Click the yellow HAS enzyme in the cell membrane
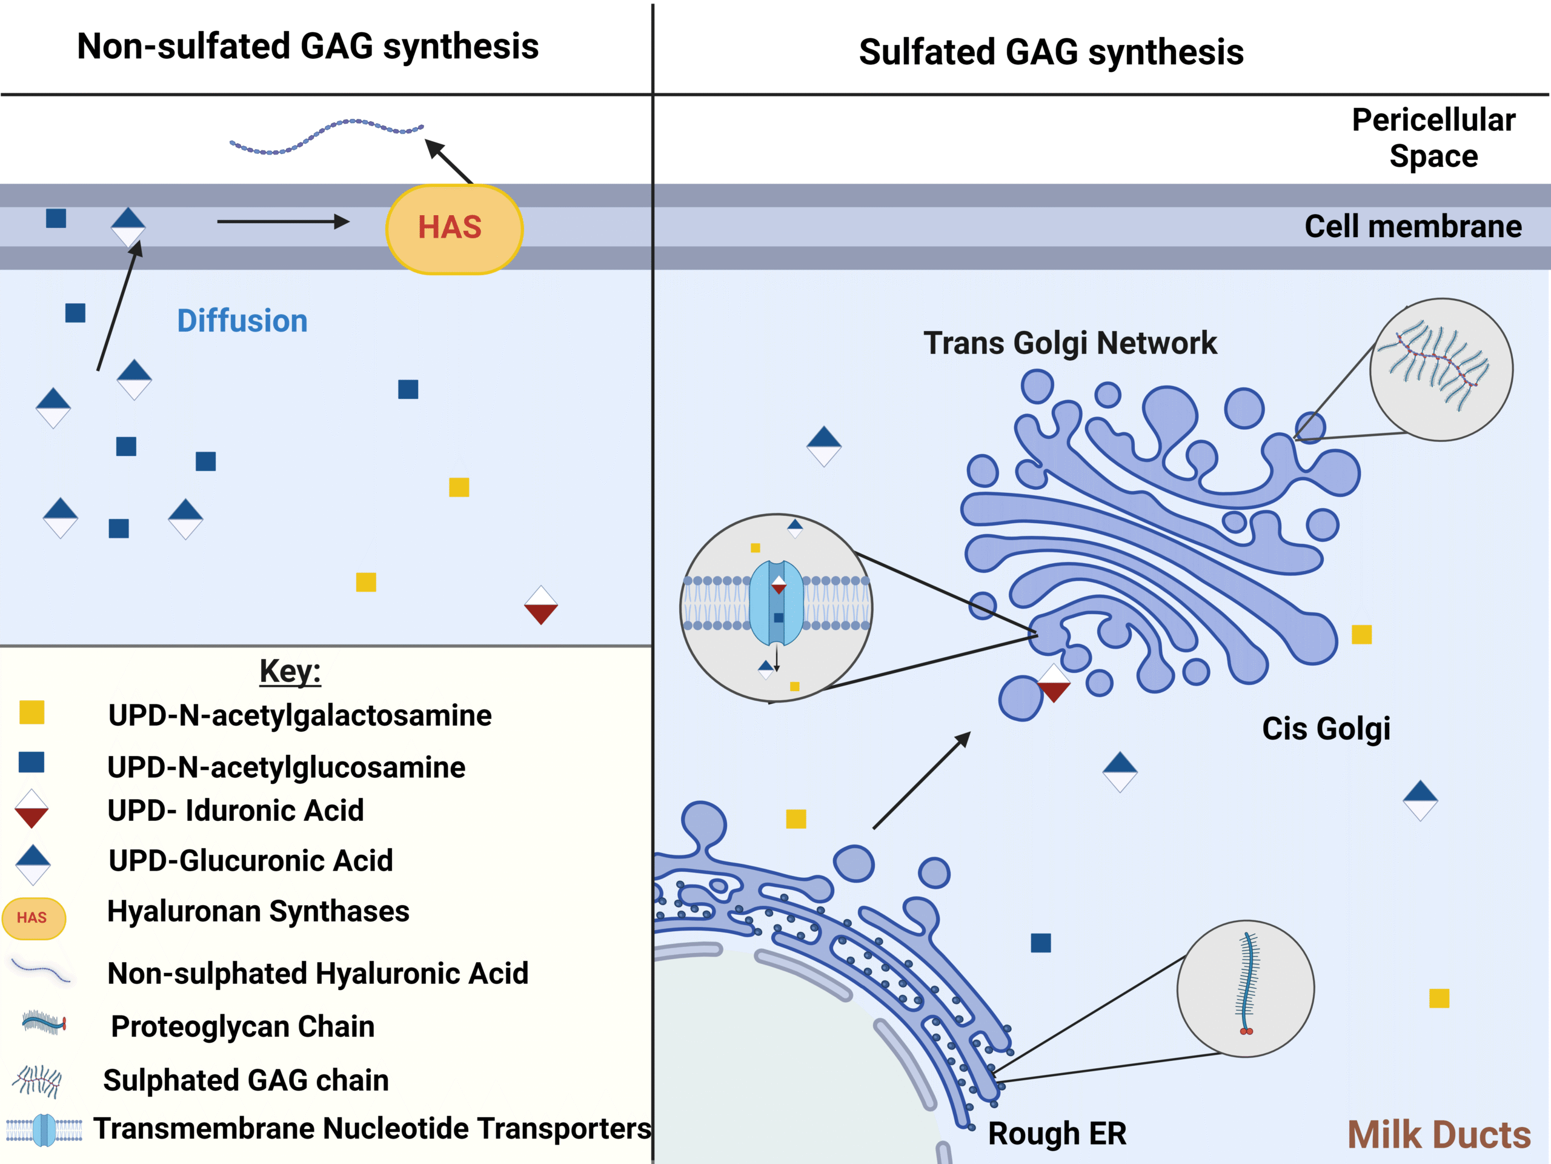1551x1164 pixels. [454, 229]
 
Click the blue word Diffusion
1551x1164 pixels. [242, 321]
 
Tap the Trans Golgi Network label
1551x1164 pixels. [1069, 343]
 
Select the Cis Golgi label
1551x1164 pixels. [1325, 728]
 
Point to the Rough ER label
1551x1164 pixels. [1056, 1133]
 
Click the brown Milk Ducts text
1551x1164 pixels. [1438, 1134]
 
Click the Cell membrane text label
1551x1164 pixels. [1412, 227]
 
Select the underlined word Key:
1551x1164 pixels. [290, 671]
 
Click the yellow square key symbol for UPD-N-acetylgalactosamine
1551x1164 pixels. [32, 712]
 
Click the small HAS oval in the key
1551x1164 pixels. [34, 918]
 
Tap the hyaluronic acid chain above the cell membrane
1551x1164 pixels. [326, 136]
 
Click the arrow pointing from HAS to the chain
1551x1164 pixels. [449, 161]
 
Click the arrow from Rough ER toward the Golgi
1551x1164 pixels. [922, 780]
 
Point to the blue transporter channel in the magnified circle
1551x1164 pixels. [776, 603]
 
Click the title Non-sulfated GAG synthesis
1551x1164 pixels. [308, 46]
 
